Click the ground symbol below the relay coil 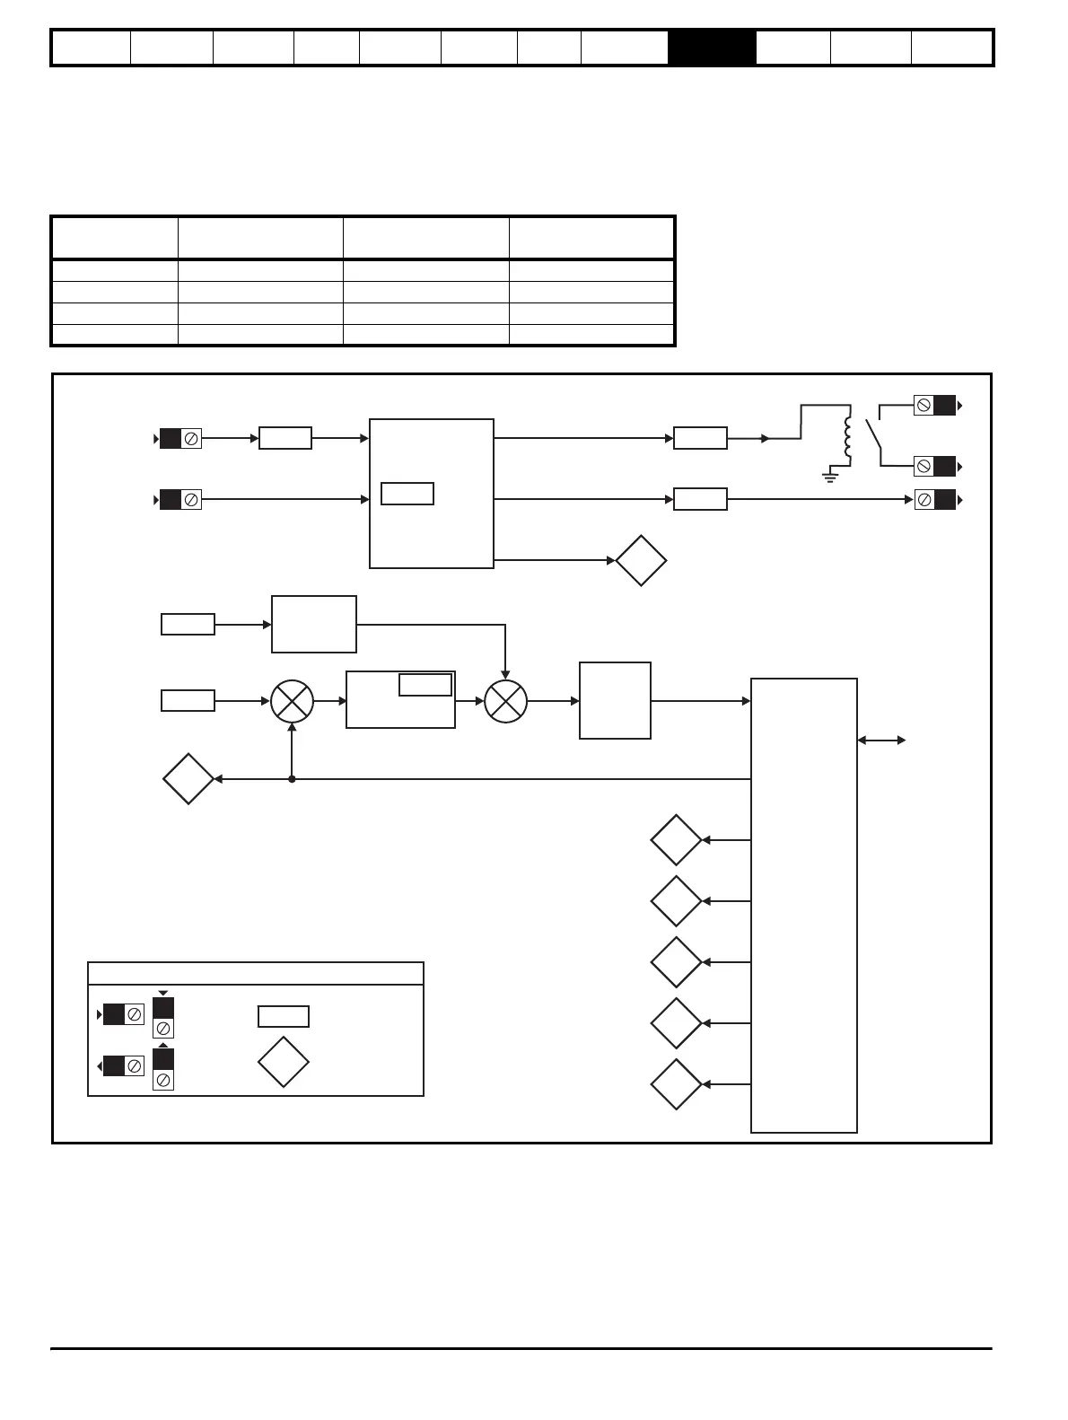830,476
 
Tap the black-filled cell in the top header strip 712,48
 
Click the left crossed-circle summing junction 292,701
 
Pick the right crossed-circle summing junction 505,701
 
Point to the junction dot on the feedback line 292,779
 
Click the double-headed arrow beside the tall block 881,741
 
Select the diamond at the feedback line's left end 188,779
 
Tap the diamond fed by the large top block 641,561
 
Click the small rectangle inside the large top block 407,494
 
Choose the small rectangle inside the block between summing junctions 425,685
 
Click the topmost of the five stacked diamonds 676,840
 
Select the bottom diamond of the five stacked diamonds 676,1084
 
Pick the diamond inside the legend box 284,1062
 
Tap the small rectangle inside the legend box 284,1016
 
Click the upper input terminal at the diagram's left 180,439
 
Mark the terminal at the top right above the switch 934,406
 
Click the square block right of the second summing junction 615,701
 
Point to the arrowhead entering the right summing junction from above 505,674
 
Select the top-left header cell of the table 115,238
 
